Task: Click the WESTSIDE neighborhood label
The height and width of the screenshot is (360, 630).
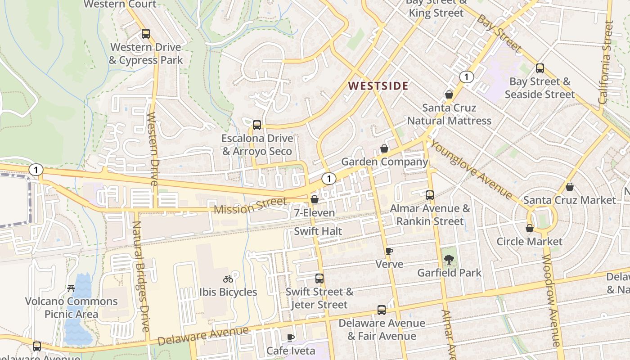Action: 378,86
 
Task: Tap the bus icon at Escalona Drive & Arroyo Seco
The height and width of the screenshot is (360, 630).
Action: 257,125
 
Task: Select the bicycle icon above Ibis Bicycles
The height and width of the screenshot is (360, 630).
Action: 228,279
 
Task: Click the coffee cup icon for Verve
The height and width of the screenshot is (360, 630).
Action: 389,251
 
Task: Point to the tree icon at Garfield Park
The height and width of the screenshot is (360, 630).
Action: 449,259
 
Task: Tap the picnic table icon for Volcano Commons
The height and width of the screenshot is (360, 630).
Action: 71,288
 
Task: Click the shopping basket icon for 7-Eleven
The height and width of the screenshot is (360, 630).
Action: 315,199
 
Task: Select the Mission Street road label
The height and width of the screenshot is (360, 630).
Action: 250,206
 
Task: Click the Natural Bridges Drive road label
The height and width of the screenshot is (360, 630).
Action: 141,276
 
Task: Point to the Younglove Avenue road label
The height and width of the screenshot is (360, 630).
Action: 472,169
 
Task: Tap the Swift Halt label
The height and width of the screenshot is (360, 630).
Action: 318,231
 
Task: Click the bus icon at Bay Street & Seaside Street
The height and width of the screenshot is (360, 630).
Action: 540,68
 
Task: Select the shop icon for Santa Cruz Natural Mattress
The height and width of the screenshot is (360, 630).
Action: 449,94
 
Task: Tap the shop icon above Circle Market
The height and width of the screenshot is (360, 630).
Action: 530,228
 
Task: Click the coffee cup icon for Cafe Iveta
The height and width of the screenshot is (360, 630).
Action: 291,337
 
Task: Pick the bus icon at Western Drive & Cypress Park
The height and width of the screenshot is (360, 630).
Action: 145,34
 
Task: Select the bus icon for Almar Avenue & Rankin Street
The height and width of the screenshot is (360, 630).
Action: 430,195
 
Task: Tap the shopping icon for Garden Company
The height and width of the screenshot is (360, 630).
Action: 384,148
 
